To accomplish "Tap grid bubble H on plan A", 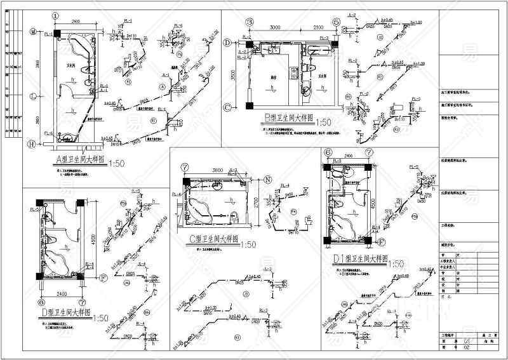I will coord(32,144).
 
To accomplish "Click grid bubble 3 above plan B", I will coord(250,22).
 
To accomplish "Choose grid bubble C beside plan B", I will coord(227,108).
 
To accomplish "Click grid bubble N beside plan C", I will coord(269,180).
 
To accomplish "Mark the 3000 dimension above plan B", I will coord(275,28).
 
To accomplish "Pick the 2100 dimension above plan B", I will coord(317,28).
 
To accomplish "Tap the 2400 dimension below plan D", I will coord(62,294).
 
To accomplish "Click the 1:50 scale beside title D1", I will coord(396,263).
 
